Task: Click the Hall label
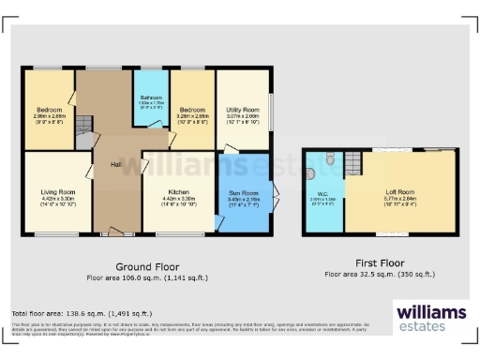pos(115,164)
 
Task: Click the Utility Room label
pos(242,110)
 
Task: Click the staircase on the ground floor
pos(82,125)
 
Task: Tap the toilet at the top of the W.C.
pos(335,160)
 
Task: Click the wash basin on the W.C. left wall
pos(310,173)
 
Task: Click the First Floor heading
pos(380,264)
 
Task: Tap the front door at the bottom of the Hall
pos(114,230)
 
